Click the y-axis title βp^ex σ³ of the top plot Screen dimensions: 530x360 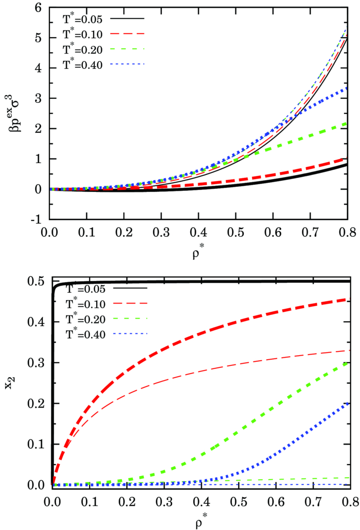tap(15, 111)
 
